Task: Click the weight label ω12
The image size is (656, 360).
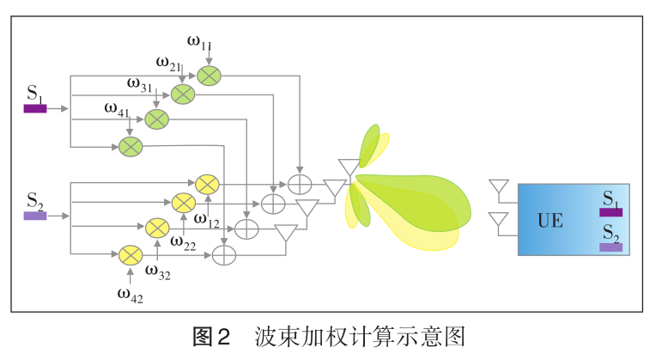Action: pyautogui.click(x=210, y=223)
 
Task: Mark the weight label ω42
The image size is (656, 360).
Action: pyautogui.click(x=130, y=296)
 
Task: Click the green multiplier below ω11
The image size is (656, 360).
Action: pyautogui.click(x=209, y=76)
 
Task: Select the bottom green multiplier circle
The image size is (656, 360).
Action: pyautogui.click(x=131, y=147)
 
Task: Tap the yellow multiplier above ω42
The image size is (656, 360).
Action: pyautogui.click(x=131, y=254)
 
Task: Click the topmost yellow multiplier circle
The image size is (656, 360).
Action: pyautogui.click(x=207, y=183)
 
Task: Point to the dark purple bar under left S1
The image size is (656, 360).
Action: pyautogui.click(x=34, y=108)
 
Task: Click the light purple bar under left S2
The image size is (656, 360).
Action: pyautogui.click(x=35, y=216)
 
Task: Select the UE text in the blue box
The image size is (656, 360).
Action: pyautogui.click(x=550, y=220)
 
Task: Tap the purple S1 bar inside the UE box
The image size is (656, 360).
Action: pyautogui.click(x=610, y=212)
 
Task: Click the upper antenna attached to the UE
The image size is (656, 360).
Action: pyautogui.click(x=499, y=188)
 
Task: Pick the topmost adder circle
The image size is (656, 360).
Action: pyautogui.click(x=299, y=183)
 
